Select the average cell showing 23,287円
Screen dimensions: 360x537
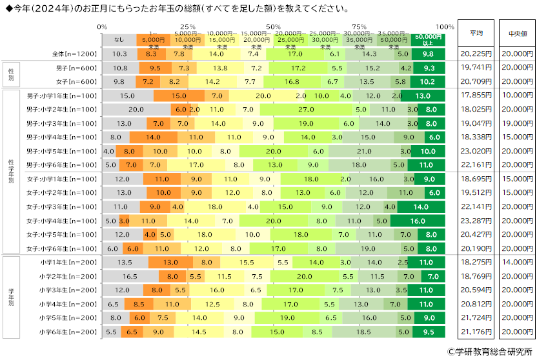coord(477,221)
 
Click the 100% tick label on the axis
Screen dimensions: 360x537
coord(444,26)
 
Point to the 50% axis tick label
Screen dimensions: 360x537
coord(273,26)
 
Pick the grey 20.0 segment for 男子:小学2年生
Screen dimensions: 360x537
coord(136,110)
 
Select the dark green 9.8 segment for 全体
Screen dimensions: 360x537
coord(428,54)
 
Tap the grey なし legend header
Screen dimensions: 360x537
coord(119,39)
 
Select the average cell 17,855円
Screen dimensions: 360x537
coord(477,95)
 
